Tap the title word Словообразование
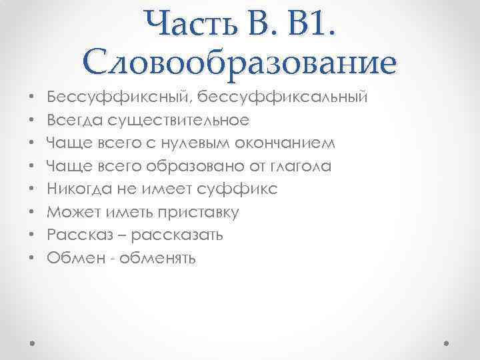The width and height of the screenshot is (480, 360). click(240, 62)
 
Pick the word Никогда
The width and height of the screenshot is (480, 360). click(79, 189)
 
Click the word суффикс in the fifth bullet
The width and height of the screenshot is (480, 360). click(247, 189)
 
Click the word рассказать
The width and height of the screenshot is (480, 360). click(177, 235)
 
